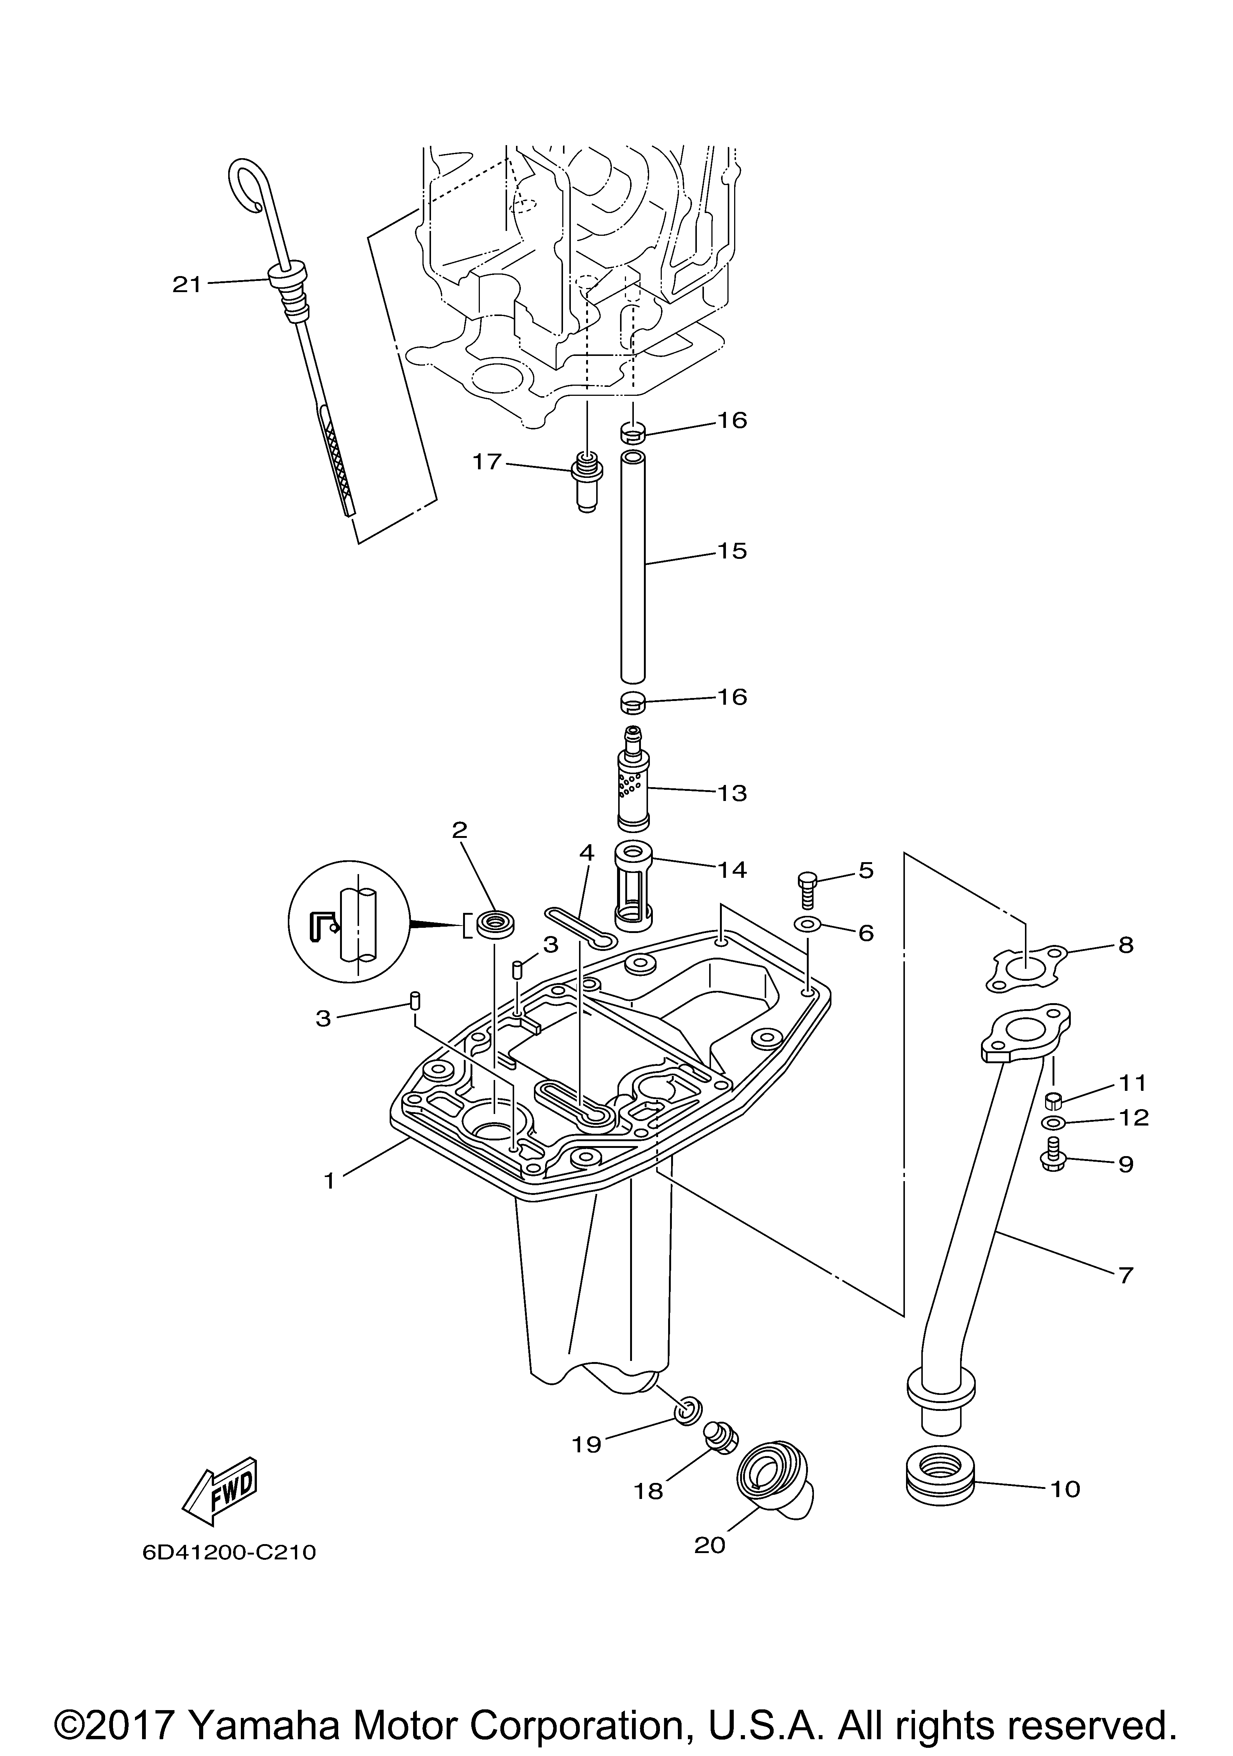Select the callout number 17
(487, 462)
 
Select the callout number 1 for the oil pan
(330, 1181)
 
